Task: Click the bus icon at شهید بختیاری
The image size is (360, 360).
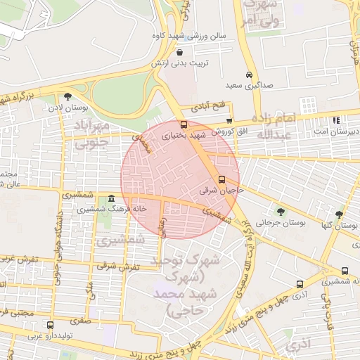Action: (184, 123)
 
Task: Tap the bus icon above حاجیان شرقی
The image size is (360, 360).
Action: (222, 179)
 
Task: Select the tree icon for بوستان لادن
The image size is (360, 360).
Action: (67, 97)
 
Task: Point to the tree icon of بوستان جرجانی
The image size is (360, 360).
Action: (281, 211)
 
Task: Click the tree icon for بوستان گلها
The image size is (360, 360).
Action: (340, 214)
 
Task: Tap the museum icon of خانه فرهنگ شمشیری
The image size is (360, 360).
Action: (112, 199)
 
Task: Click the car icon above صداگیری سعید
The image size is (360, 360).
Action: (249, 75)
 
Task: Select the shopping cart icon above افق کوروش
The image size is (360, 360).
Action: (229, 122)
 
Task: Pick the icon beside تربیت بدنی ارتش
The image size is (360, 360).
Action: (181, 53)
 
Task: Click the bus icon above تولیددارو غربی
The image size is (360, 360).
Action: (50, 325)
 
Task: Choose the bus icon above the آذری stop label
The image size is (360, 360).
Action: (300, 285)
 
